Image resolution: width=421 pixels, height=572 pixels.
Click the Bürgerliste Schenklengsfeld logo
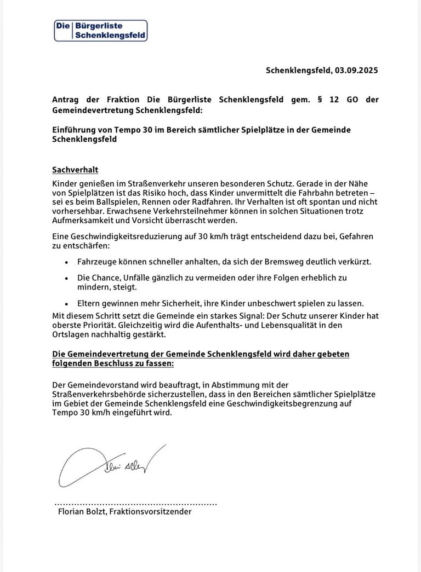click(x=101, y=31)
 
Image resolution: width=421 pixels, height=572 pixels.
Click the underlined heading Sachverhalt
click(x=75, y=170)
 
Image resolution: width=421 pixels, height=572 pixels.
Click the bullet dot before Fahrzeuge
click(x=66, y=262)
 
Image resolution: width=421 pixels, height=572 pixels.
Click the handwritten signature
click(x=110, y=466)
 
